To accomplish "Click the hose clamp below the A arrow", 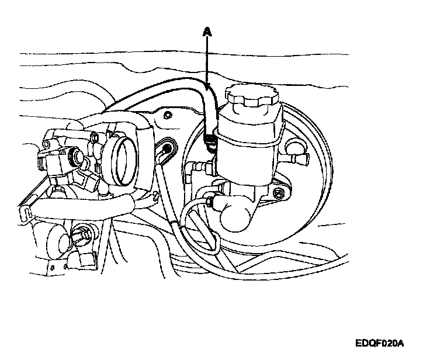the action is pyautogui.click(x=210, y=140).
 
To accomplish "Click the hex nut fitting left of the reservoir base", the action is pyautogui.click(x=199, y=169).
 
